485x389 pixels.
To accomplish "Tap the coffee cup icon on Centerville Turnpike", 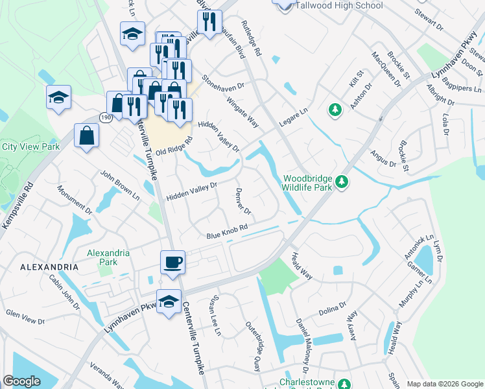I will (x=172, y=263).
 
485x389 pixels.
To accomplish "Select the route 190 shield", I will (x=105, y=116).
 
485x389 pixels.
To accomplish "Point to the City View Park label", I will (x=30, y=147).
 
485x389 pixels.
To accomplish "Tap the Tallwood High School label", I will (x=338, y=6).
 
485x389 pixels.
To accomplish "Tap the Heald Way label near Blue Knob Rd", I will (x=303, y=266).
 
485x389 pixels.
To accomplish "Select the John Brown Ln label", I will (x=119, y=184).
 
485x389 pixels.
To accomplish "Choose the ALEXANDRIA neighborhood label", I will (x=49, y=267).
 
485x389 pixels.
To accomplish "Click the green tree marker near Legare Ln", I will (x=335, y=110).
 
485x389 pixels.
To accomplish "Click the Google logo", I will (x=21, y=381).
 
